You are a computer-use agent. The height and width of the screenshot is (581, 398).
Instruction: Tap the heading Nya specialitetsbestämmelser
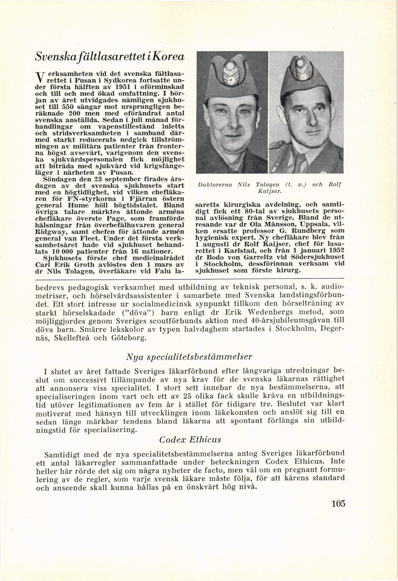(x=189, y=357)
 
